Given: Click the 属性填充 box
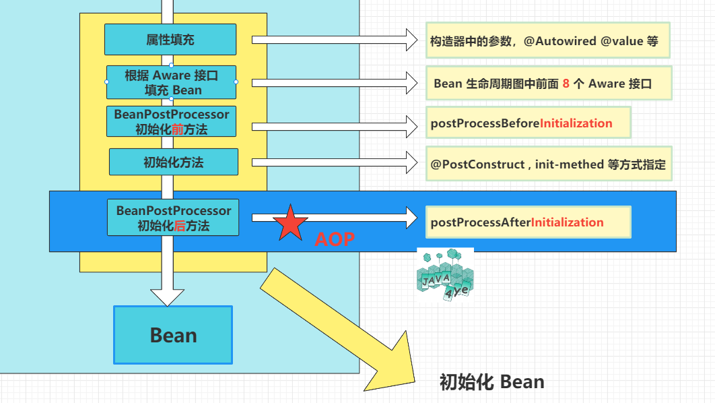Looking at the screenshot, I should coord(170,40).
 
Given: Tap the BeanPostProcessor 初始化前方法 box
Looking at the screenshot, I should coord(172,122).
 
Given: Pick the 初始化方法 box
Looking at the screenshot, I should coord(174,162).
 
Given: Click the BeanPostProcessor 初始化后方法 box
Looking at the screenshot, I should coord(173,218).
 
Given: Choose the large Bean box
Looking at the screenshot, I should coord(173,335).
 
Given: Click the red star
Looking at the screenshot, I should coord(290,223).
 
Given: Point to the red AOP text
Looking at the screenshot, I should coord(334,239).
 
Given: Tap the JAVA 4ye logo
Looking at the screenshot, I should coord(445,274).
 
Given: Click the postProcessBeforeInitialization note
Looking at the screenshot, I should coord(527,123).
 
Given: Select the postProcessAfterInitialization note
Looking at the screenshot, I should coord(527,222).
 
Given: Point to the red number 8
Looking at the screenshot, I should coord(566,84).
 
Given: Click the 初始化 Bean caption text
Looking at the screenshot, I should coord(491,382).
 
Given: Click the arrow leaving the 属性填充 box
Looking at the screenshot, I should coord(335,40).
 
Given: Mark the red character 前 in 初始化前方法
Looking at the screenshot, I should coord(178,129).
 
